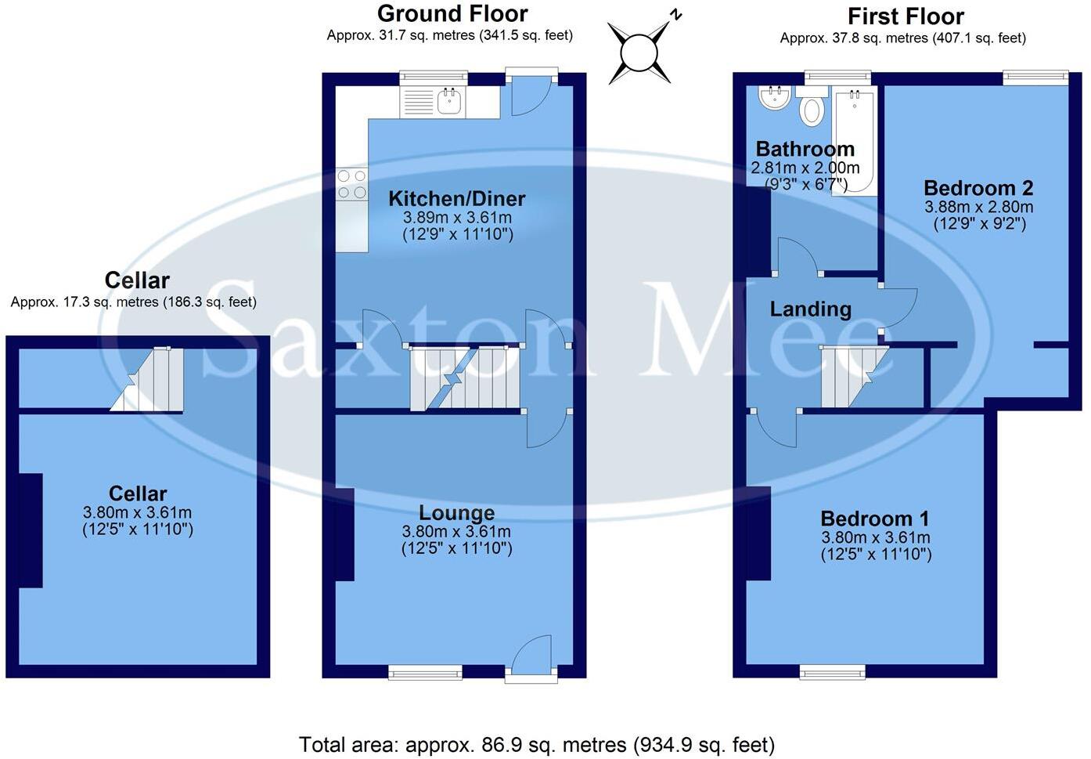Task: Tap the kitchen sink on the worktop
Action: [448, 101]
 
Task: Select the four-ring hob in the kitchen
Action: [351, 184]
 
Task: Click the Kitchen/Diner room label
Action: [457, 199]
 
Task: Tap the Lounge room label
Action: [457, 513]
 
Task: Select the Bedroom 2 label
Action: [978, 188]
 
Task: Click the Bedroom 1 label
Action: [875, 519]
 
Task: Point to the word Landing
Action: [810, 309]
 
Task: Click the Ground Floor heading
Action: [452, 13]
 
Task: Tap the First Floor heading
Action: [906, 16]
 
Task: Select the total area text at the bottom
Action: [537, 744]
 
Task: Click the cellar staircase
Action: [149, 380]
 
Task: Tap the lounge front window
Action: [425, 671]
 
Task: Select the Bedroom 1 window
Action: [833, 671]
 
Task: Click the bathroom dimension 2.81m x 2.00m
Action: [805, 168]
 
